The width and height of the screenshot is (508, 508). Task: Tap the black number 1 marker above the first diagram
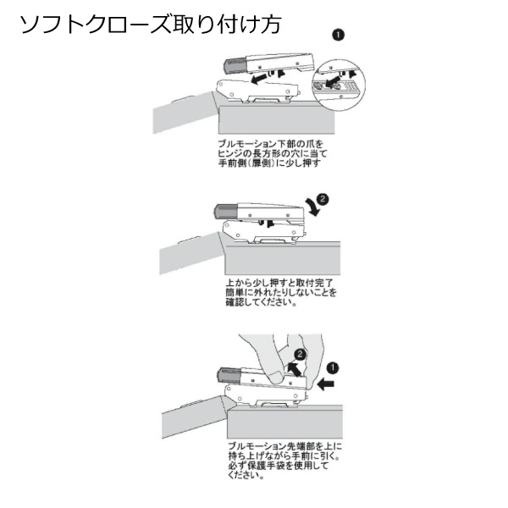point(338,35)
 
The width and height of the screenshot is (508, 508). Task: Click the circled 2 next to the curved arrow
point(322,198)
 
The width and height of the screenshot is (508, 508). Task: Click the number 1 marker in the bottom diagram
point(333,369)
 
